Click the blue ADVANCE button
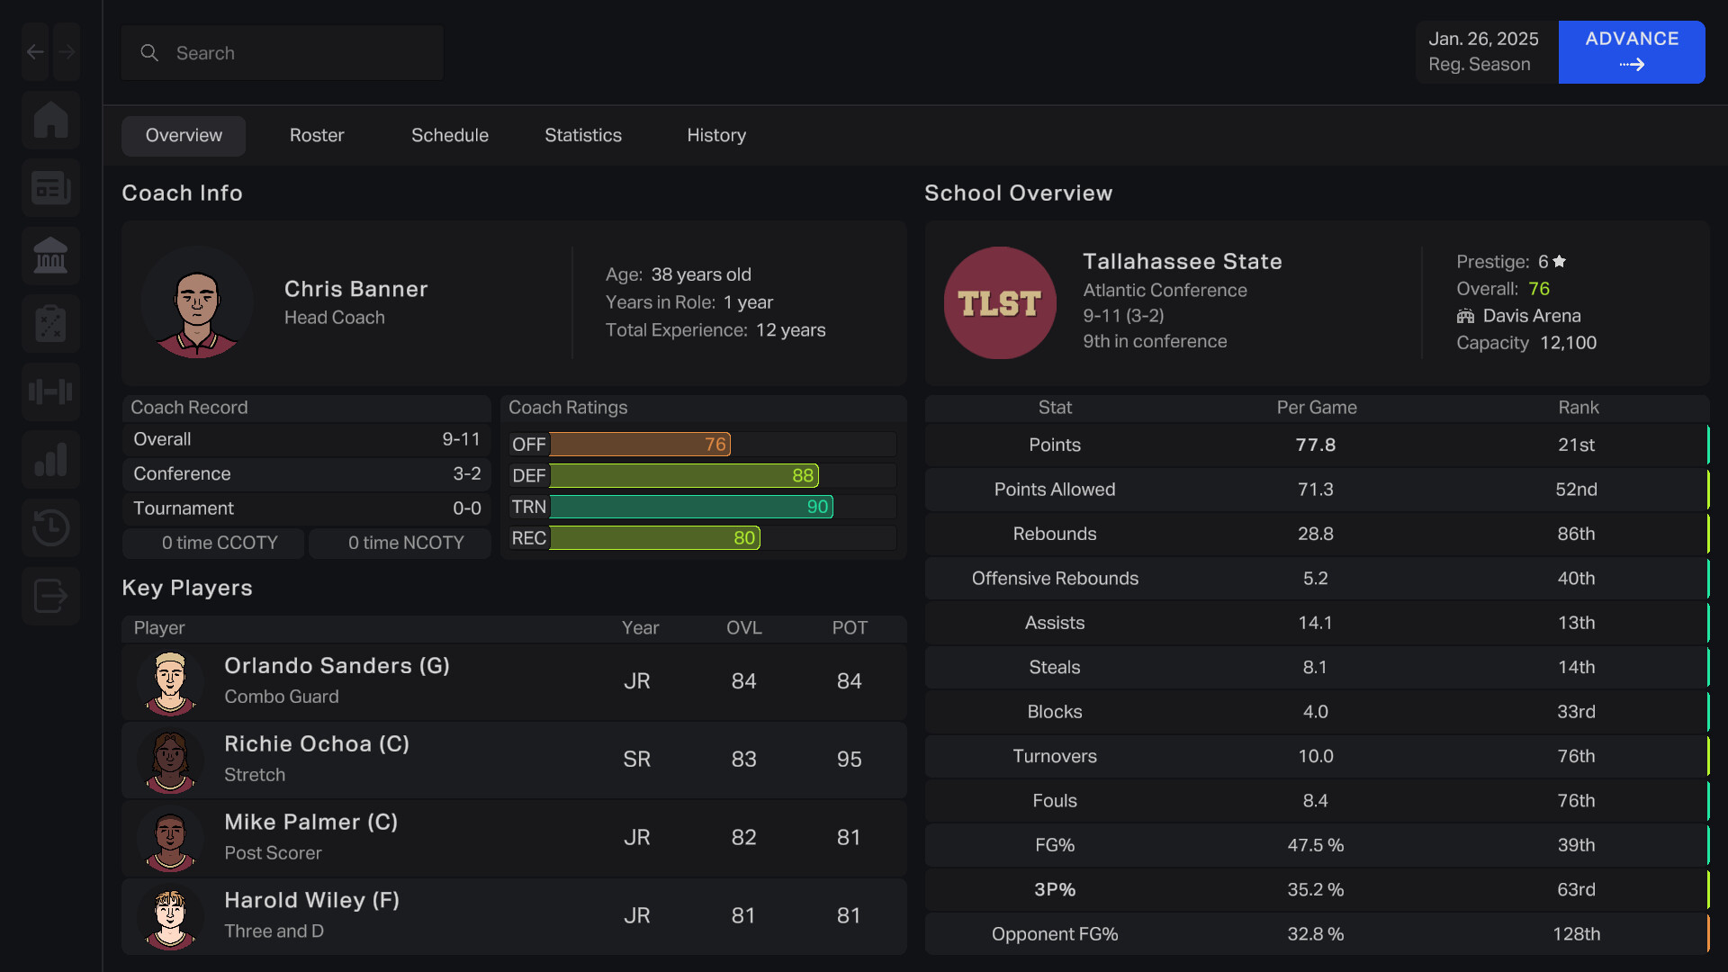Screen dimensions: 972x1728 pyautogui.click(x=1631, y=51)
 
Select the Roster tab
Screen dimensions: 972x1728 pyautogui.click(x=317, y=135)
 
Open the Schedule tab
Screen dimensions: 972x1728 pyautogui.click(x=450, y=135)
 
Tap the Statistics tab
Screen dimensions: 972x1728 pyautogui.click(x=583, y=135)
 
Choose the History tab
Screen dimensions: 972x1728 pyautogui.click(x=716, y=135)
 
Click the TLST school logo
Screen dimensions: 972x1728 pyautogui.click(x=999, y=303)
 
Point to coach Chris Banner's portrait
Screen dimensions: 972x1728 pyautogui.click(x=196, y=303)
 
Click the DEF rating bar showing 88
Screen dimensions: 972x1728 pyautogui.click(x=684, y=475)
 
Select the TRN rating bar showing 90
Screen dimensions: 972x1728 pyautogui.click(x=691, y=507)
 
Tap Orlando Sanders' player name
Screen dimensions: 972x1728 pyautogui.click(x=337, y=666)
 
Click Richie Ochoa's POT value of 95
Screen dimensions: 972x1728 pyautogui.click(x=849, y=760)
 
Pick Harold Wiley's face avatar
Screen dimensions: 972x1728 pyautogui.click(x=170, y=917)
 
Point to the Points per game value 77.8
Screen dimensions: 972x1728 pyautogui.click(x=1315, y=445)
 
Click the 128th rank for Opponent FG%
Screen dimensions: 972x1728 pyautogui.click(x=1576, y=934)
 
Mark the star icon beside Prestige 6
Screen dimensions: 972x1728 pyautogui.click(x=1560, y=262)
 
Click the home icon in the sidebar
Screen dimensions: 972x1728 pyautogui.click(x=51, y=120)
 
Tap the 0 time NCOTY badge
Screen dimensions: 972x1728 pyautogui.click(x=406, y=543)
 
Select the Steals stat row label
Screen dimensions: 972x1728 pyautogui.click(x=1054, y=667)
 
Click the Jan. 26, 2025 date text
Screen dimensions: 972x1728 pyautogui.click(x=1483, y=39)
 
